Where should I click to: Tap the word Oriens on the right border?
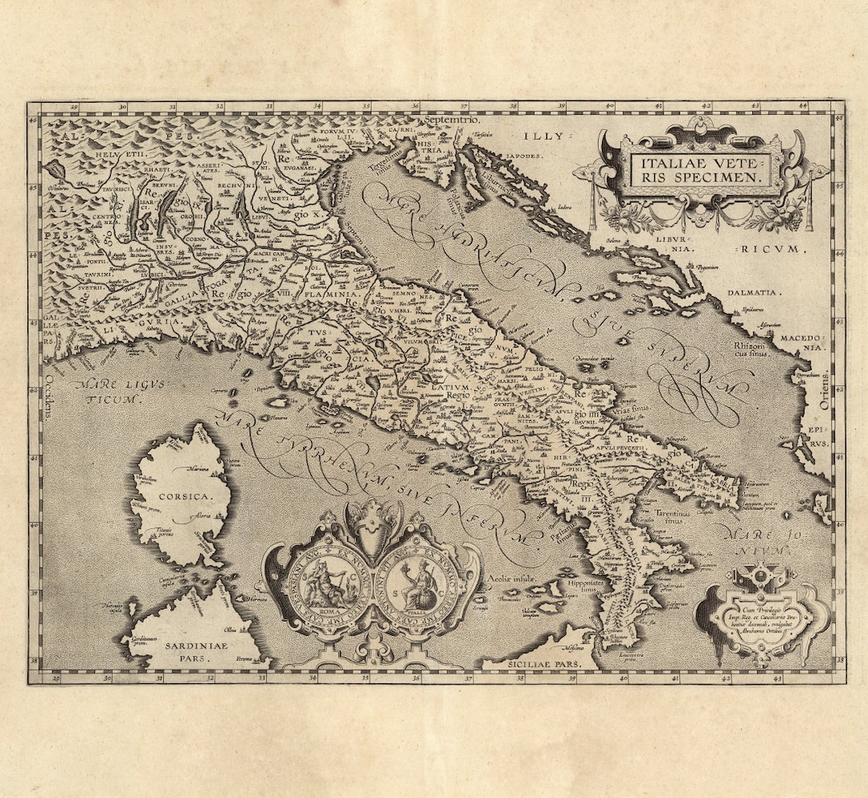825,391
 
